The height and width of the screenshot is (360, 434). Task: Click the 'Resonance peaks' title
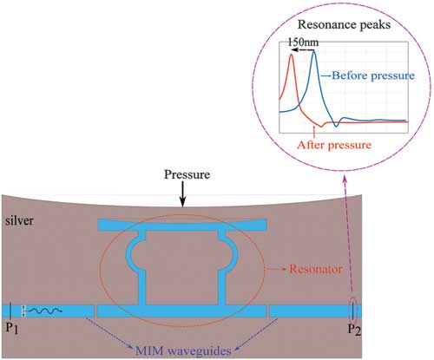[344, 25]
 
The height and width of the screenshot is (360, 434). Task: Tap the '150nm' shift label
[303, 43]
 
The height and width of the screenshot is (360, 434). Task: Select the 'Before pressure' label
[373, 75]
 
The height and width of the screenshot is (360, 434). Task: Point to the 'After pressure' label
[334, 145]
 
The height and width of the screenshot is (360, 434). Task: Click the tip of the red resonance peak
[292, 55]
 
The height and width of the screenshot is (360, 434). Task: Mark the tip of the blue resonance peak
[314, 51]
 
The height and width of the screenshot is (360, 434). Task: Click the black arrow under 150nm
[302, 50]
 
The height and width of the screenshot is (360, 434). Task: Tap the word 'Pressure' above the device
[187, 174]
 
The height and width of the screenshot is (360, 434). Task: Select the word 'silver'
[19, 220]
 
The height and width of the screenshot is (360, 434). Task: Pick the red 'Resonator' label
[316, 269]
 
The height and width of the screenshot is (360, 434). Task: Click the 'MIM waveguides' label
[183, 351]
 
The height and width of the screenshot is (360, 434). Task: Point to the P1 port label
[12, 329]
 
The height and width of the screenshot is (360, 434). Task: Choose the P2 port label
[354, 330]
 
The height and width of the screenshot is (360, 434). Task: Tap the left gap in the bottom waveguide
[95, 311]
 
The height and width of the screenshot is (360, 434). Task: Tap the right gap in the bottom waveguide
[268, 311]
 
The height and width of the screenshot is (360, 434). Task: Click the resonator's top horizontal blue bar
[182, 225]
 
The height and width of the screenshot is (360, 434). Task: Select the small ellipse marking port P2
[352, 311]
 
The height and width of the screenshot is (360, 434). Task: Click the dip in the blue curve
[336, 126]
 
